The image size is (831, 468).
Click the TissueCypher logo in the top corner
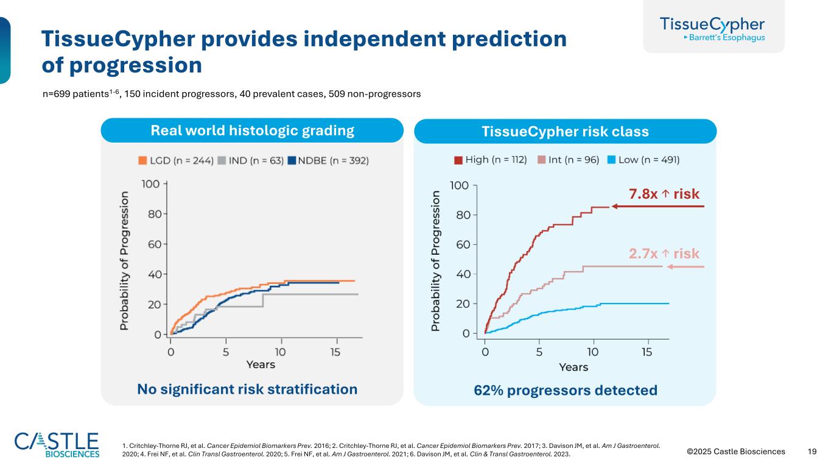[713, 28]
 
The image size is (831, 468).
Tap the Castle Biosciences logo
[57, 445]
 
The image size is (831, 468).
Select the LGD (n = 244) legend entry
[175, 160]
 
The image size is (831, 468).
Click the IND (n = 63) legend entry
[248, 160]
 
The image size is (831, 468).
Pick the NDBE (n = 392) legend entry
[328, 160]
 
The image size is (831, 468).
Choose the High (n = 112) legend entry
[490, 160]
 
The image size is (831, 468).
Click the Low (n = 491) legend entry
[645, 160]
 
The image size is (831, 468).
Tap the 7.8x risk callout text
[664, 194]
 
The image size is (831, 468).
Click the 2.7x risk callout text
[664, 253]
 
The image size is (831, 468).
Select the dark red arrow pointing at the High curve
[657, 207]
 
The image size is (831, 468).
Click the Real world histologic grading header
[252, 130]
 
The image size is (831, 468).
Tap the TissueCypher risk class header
[565, 132]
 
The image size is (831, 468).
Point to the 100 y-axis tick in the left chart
[151, 184]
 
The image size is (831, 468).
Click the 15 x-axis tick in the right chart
[647, 352]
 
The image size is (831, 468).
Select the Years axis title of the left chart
[261, 364]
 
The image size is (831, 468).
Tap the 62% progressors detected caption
[565, 390]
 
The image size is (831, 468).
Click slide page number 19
[812, 452]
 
